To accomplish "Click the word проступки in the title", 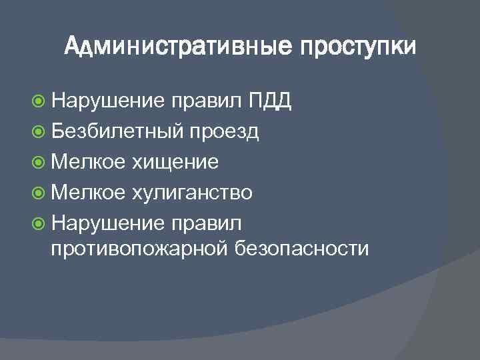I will (x=357, y=49).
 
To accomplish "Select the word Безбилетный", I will (x=116, y=132).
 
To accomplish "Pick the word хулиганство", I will (x=191, y=193).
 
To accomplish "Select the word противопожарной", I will (x=140, y=249).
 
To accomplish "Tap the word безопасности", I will (x=302, y=248).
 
